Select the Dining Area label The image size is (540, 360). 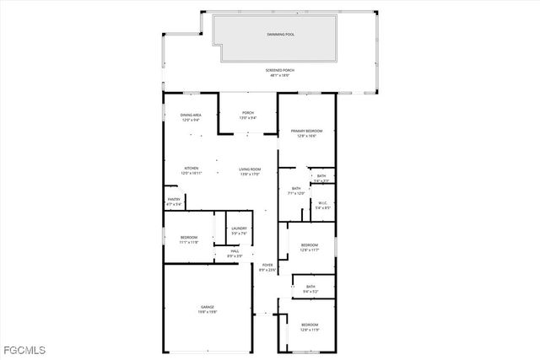[191, 115]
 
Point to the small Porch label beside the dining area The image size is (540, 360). [248, 113]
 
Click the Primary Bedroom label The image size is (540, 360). [307, 131]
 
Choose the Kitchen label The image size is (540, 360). [192, 168]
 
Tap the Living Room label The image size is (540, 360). [251, 169]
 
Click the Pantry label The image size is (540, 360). [174, 200]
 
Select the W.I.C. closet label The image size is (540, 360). [322, 202]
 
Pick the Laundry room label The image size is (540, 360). [239, 228]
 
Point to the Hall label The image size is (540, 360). [224, 252]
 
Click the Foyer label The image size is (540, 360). [267, 265]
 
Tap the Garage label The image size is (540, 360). [208, 307]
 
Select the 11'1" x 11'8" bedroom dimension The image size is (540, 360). [189, 242]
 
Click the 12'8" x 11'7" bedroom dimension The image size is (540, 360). [310, 250]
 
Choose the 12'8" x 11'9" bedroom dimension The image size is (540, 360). [310, 329]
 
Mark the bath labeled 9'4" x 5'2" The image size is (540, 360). [311, 291]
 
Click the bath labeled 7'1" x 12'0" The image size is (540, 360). [296, 193]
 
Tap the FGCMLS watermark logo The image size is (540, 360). [24, 349]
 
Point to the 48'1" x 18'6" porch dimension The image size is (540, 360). [280, 76]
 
